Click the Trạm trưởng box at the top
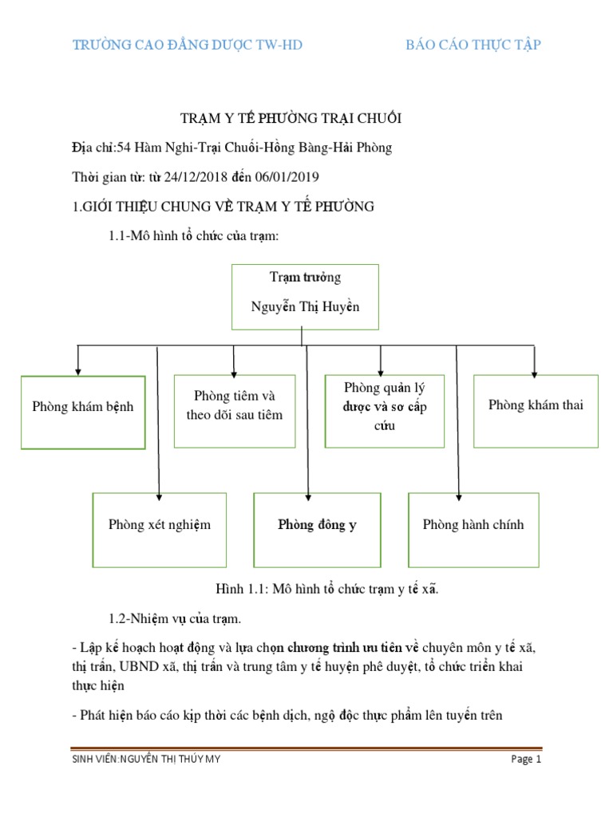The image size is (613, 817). pyautogui.click(x=305, y=297)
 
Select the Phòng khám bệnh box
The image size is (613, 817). pyautogui.click(x=83, y=412)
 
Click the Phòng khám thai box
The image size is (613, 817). pyautogui.click(x=536, y=410)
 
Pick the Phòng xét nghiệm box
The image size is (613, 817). pyautogui.click(x=160, y=530)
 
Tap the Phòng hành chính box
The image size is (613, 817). pyautogui.click(x=473, y=530)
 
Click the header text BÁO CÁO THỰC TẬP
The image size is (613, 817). pyautogui.click(x=473, y=45)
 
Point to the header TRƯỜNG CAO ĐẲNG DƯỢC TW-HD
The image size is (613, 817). pyautogui.click(x=188, y=45)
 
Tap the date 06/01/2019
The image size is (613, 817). pyautogui.click(x=287, y=176)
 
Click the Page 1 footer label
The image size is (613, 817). pyautogui.click(x=527, y=760)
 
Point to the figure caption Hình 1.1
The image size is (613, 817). pyautogui.click(x=327, y=590)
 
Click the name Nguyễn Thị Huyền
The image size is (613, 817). pyautogui.click(x=305, y=307)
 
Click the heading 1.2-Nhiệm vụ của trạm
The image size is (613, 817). pyautogui.click(x=175, y=618)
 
